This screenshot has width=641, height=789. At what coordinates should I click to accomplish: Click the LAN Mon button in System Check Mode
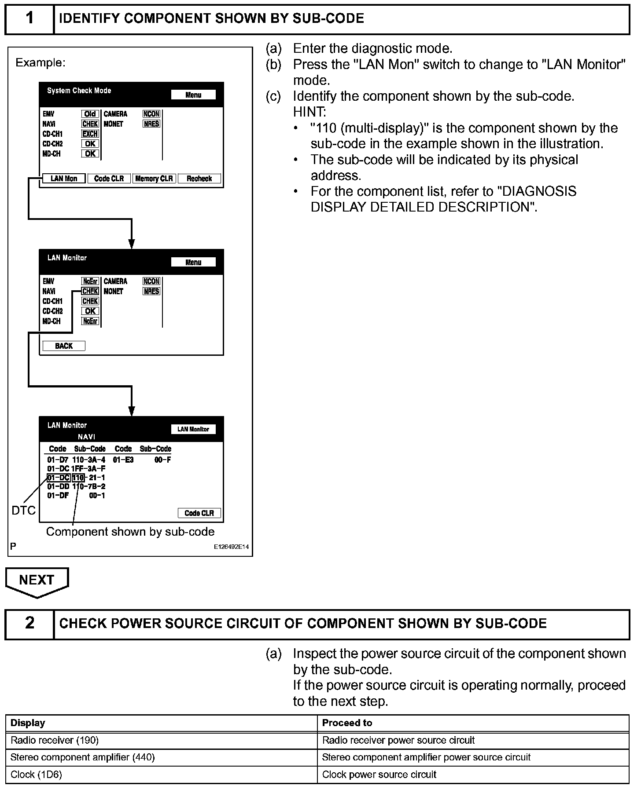(x=64, y=179)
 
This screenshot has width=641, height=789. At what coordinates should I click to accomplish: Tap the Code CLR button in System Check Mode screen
(x=109, y=179)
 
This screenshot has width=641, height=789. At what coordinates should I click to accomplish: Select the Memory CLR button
(x=154, y=179)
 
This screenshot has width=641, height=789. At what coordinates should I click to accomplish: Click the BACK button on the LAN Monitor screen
(x=64, y=346)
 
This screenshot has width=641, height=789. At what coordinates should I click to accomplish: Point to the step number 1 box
(x=29, y=18)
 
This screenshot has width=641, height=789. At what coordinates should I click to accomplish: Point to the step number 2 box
(x=29, y=623)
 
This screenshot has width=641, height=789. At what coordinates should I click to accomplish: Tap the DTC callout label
(x=23, y=511)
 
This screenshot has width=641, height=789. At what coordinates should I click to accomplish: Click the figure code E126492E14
(x=231, y=547)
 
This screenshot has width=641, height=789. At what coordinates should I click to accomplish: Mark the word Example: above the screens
(x=41, y=63)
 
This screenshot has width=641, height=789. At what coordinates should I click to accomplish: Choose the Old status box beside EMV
(x=90, y=114)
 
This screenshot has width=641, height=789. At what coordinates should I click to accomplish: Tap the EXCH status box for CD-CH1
(x=90, y=134)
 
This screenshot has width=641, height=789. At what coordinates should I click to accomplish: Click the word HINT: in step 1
(x=309, y=112)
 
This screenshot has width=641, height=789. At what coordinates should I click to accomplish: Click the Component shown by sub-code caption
(x=130, y=532)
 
